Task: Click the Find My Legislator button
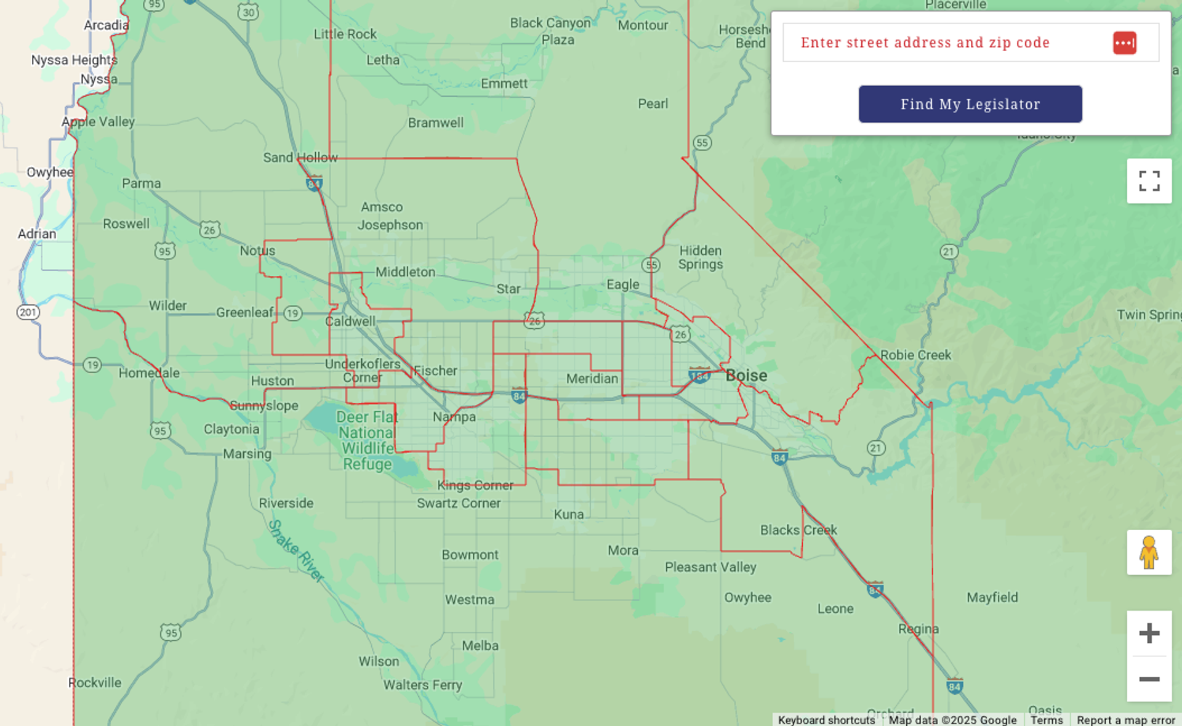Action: coord(970,104)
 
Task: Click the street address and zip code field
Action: coord(948,42)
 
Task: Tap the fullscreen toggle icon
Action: coord(1149,181)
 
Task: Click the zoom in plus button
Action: coord(1149,633)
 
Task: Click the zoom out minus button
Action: coord(1149,679)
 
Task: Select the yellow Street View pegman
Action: coord(1149,552)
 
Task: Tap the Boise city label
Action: coord(746,376)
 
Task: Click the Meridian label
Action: coord(592,379)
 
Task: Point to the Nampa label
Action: coord(454,417)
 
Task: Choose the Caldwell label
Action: coord(350,321)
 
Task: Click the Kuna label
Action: coord(568,514)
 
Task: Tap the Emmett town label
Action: coord(504,84)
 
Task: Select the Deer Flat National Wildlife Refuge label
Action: coord(367,440)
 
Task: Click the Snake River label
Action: coord(295,550)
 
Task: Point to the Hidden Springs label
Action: coord(701,257)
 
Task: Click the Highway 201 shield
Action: coord(28,312)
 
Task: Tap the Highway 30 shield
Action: coord(248,12)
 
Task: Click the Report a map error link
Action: coord(1125,720)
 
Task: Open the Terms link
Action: coord(1047,720)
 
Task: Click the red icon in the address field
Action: coord(1124,43)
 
